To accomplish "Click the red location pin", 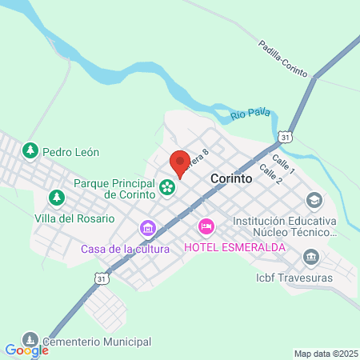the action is click(180, 162).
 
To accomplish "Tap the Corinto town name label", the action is click(231, 180).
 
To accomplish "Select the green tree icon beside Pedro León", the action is click(30, 150).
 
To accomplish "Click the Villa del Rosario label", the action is click(74, 218).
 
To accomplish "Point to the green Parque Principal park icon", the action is click(167, 188).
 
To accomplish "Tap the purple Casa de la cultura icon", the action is click(147, 229).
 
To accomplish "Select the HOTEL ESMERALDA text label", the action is click(235, 247).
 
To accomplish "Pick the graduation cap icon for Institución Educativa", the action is click(314, 199).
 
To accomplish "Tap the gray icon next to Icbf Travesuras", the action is click(311, 258).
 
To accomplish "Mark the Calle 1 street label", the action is click(283, 166).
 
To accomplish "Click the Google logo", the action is click(26, 350).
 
